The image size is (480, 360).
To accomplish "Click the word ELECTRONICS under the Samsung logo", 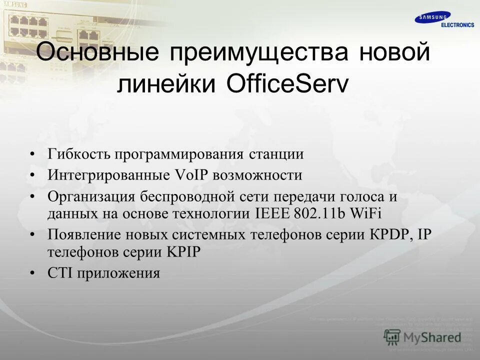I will coord(457,25).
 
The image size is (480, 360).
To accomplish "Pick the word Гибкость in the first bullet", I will coord(78,154).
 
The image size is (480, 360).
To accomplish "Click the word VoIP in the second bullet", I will coord(192,175).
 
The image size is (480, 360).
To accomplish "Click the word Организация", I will coord(90,197).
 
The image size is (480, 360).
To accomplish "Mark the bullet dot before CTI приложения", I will coord(33,273).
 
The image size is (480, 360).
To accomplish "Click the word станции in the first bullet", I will coord(276,154).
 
